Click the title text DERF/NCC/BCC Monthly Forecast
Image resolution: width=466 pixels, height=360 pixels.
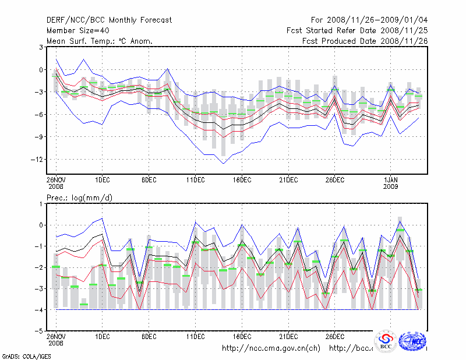(109, 20)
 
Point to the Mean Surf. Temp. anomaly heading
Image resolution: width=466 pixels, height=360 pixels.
(100, 41)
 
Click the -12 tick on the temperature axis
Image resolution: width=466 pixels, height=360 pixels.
(36, 160)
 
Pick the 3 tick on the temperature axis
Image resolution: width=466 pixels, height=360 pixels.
(41, 47)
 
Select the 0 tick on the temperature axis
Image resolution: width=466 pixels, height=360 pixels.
(41, 70)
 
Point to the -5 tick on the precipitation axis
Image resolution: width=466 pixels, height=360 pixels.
(39, 331)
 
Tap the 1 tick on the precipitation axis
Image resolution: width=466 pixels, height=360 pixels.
(41, 204)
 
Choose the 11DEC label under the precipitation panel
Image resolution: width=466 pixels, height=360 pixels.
(195, 336)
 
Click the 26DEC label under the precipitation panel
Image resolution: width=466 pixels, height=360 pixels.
(334, 336)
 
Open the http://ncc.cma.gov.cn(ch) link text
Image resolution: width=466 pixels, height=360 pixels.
(271, 348)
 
